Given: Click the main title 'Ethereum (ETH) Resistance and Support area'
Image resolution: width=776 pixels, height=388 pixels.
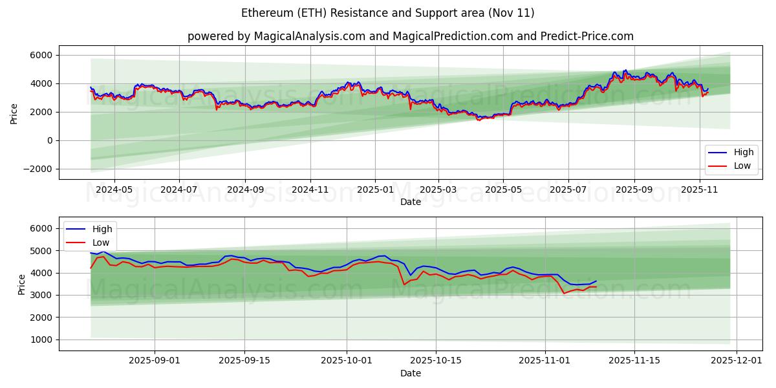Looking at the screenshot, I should point(388,13).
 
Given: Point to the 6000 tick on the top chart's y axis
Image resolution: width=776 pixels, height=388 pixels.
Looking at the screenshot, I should point(41,55).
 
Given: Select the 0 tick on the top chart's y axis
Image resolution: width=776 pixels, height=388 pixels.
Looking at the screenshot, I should point(49,140).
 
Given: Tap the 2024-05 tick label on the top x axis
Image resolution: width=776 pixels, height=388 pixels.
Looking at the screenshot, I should point(114,190).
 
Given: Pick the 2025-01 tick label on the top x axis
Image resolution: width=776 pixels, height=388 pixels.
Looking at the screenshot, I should point(375,190).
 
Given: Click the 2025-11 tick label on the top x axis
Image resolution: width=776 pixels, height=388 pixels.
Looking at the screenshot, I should point(700,190).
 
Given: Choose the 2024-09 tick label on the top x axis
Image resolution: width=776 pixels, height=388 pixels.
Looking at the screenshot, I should point(245,190).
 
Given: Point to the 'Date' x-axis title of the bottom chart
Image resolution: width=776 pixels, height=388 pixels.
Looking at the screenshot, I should point(411,373).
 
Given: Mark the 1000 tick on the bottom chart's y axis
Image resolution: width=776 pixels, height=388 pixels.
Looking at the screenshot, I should point(41,339).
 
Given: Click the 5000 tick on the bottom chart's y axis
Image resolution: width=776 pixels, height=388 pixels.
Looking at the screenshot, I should point(41,250).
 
